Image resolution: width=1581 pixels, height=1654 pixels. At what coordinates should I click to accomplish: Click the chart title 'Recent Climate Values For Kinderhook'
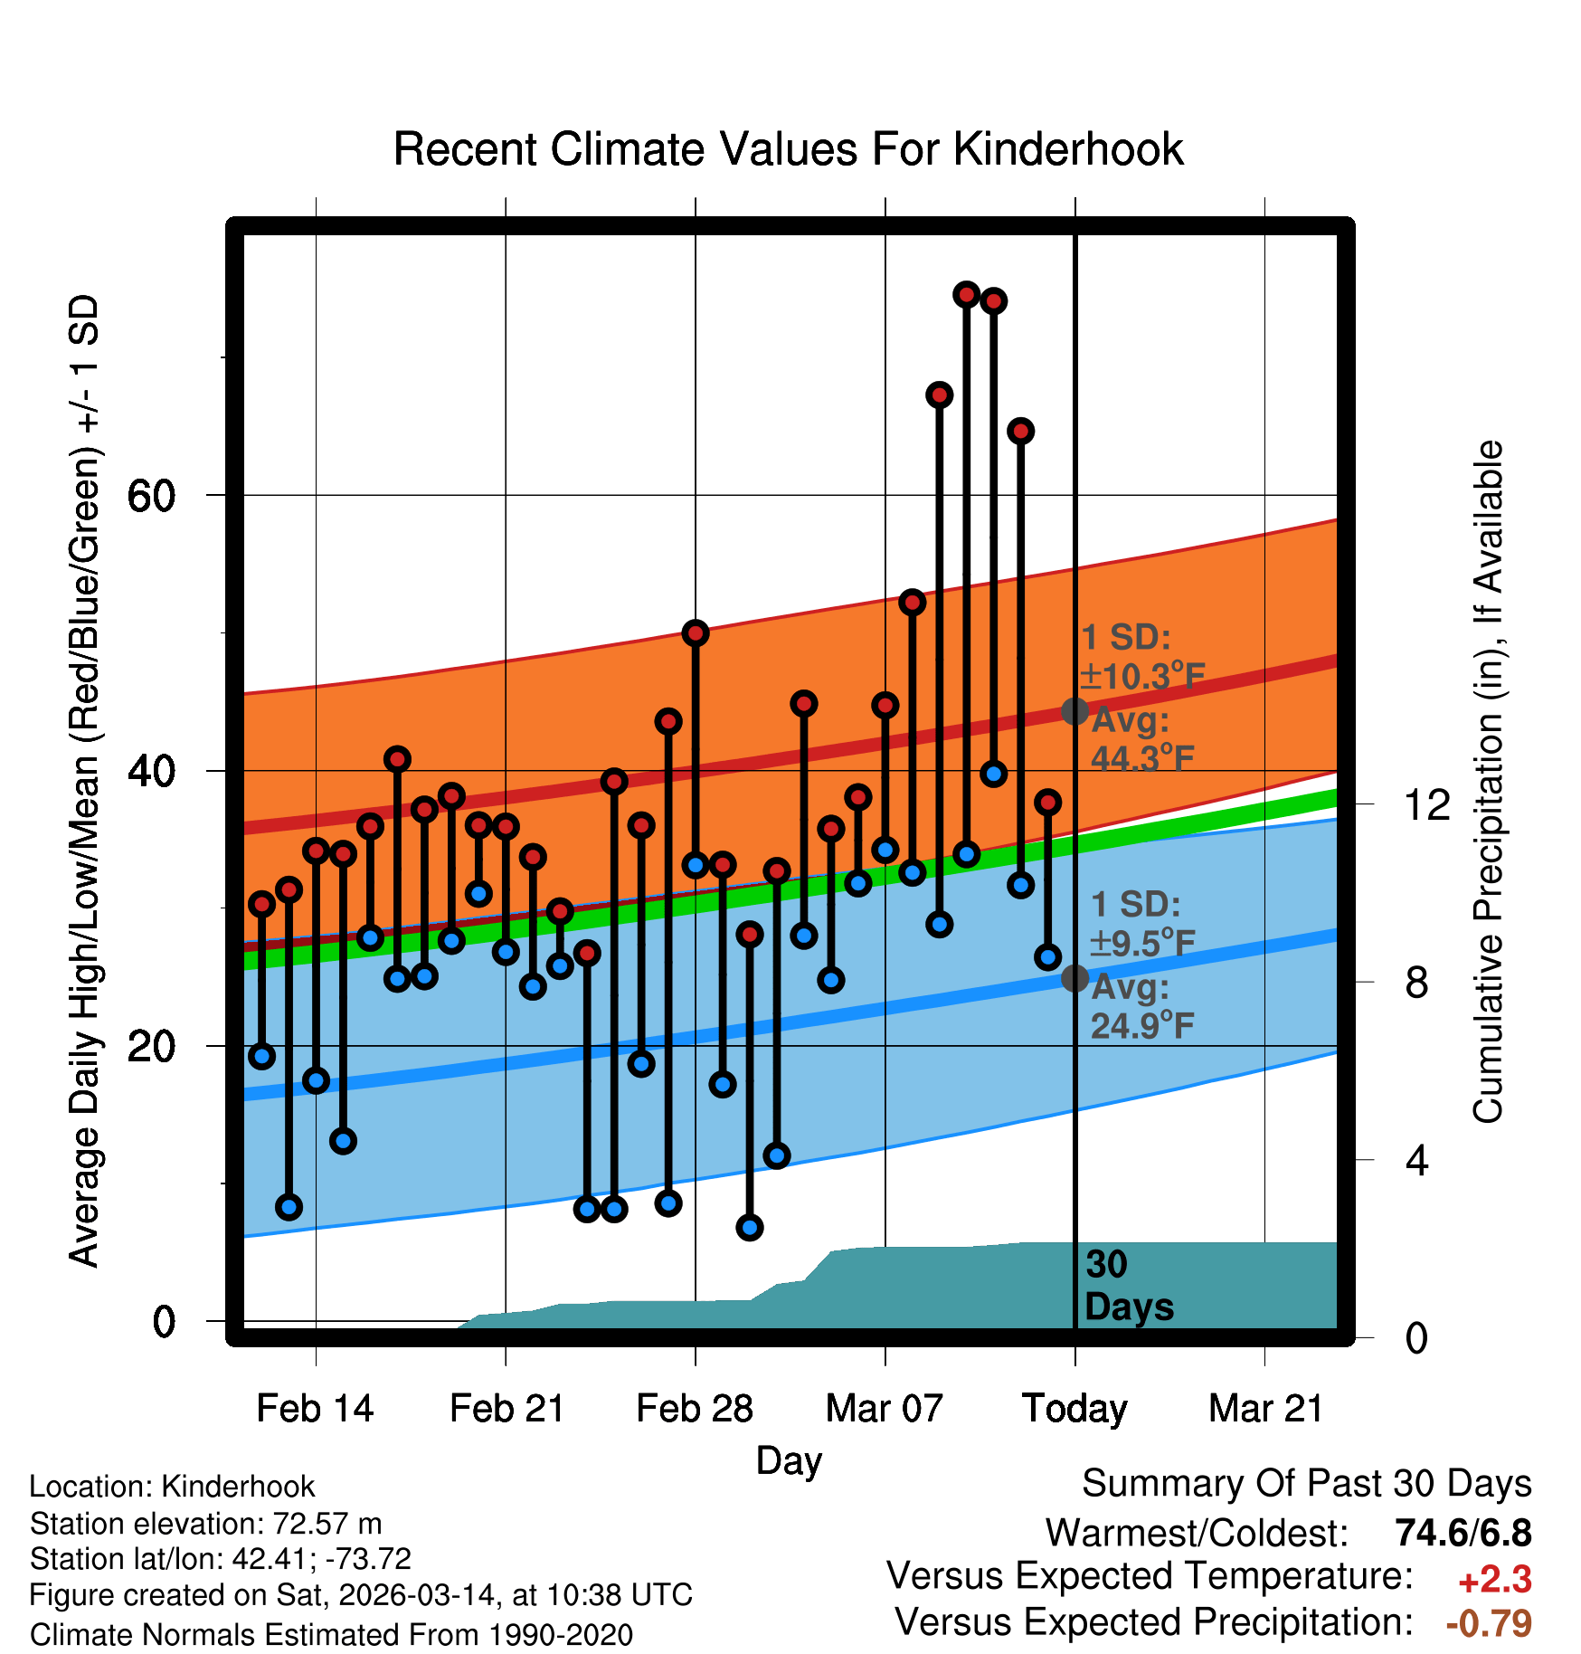pyautogui.click(x=788, y=149)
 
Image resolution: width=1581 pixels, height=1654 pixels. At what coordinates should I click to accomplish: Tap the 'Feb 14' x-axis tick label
pyautogui.click(x=315, y=1409)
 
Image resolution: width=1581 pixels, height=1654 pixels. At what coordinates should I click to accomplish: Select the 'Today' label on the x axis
pyautogui.click(x=1075, y=1409)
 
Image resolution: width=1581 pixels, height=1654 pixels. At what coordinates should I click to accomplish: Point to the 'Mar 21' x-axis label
pyautogui.click(x=1265, y=1409)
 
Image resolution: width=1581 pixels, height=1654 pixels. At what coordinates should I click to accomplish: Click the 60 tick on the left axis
pyautogui.click(x=151, y=496)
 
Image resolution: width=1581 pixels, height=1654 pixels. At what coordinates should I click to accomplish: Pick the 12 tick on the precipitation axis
pyautogui.click(x=1426, y=804)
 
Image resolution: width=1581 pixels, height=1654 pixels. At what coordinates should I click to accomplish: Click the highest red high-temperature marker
pyautogui.click(x=967, y=294)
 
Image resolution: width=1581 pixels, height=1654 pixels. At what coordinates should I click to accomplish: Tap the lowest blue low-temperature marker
pyautogui.click(x=750, y=1228)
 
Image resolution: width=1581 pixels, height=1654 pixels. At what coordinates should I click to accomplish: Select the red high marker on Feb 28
pyautogui.click(x=696, y=632)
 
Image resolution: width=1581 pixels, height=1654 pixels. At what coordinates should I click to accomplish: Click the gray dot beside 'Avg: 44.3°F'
pyautogui.click(x=1075, y=711)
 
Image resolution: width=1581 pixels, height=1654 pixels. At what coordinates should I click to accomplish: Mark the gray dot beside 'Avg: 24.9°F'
pyautogui.click(x=1075, y=978)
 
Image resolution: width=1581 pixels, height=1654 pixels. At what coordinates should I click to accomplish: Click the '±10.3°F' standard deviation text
pyautogui.click(x=1142, y=676)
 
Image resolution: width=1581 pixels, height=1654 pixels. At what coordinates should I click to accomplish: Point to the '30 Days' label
pyautogui.click(x=1128, y=1286)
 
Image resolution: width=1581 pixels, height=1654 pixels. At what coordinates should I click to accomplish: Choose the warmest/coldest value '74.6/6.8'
pyautogui.click(x=1463, y=1533)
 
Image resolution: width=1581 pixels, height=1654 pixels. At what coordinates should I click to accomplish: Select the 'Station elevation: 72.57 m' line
pyautogui.click(x=205, y=1524)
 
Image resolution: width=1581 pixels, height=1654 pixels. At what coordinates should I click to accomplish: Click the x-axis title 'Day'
pyautogui.click(x=789, y=1460)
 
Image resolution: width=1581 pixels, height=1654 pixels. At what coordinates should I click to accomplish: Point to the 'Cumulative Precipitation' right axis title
pyautogui.click(x=1488, y=782)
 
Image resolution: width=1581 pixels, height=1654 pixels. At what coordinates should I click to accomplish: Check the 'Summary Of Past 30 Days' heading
pyautogui.click(x=1306, y=1484)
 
